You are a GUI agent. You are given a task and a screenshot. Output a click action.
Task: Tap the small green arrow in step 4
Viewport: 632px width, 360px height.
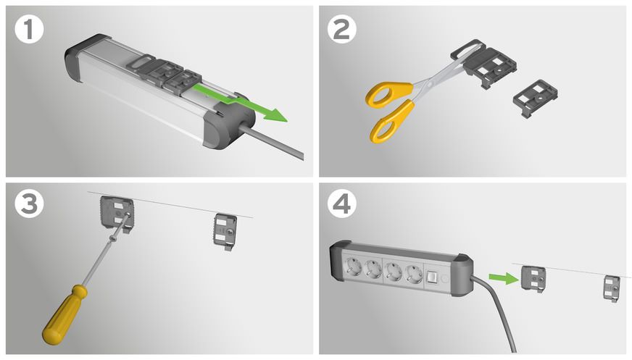pos(499,276)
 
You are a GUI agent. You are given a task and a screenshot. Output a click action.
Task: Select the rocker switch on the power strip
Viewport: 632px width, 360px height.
pos(432,277)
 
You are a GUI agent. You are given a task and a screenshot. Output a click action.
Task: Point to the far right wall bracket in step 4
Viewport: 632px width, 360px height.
pos(612,288)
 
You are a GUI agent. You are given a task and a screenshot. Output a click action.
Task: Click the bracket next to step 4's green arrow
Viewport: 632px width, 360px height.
pos(533,279)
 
